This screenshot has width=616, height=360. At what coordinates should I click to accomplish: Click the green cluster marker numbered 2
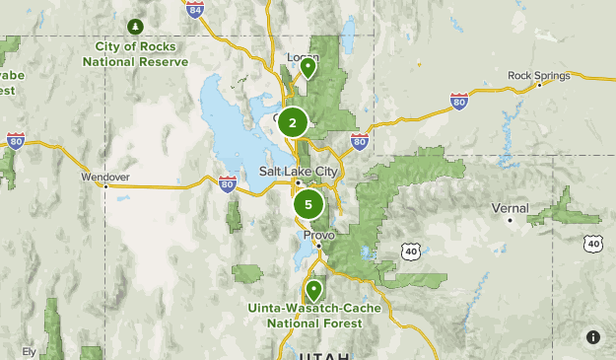click(293, 123)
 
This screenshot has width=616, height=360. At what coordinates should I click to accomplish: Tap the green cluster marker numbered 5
click(308, 205)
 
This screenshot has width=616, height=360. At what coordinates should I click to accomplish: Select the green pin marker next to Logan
click(308, 68)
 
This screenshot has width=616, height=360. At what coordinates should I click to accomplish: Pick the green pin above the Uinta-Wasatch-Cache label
click(313, 290)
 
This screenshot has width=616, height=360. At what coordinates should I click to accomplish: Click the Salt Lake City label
click(298, 171)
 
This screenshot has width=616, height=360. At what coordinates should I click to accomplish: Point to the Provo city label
click(318, 236)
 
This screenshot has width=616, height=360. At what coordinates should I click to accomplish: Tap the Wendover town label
click(105, 178)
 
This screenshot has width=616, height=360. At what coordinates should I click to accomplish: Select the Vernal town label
click(511, 208)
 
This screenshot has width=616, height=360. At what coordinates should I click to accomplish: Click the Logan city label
click(302, 57)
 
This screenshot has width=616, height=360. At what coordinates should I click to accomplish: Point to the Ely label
click(29, 351)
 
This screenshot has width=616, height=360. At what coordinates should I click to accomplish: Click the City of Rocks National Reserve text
click(135, 53)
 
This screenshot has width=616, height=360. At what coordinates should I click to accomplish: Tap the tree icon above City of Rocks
click(135, 26)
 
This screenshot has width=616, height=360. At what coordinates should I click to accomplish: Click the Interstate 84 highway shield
click(195, 10)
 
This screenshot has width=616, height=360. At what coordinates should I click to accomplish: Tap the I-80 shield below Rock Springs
click(458, 101)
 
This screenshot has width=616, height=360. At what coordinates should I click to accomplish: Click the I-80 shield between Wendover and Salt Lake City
click(227, 183)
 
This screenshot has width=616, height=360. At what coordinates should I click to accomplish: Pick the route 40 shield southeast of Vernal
click(592, 242)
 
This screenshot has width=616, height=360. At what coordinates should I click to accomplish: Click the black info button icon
click(593, 337)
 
